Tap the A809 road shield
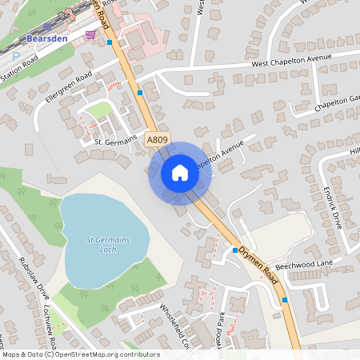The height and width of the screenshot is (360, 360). point(158,140)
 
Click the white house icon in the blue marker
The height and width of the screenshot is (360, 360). point(180,173)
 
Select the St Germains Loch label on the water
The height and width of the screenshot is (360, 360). point(108,243)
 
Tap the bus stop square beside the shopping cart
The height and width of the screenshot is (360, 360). point(109,42)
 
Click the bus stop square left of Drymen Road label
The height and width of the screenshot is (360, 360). point(235,250)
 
